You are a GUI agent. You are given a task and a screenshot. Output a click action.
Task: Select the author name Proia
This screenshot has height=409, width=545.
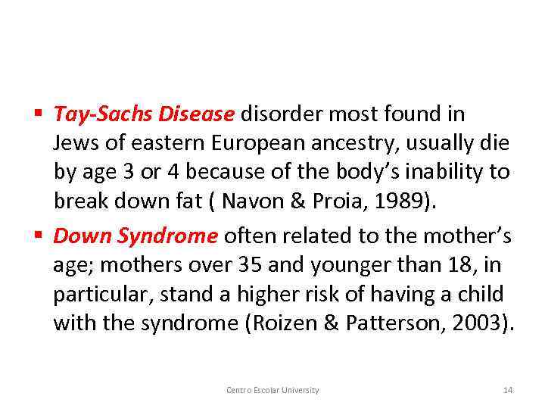coord(344,201)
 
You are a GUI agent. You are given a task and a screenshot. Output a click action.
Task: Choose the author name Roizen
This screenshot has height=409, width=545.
coord(287,323)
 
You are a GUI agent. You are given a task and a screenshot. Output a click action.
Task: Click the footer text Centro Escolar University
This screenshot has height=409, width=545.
coord(272,390)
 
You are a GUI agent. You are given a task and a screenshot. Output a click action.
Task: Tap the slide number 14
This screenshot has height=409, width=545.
coord(508,390)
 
